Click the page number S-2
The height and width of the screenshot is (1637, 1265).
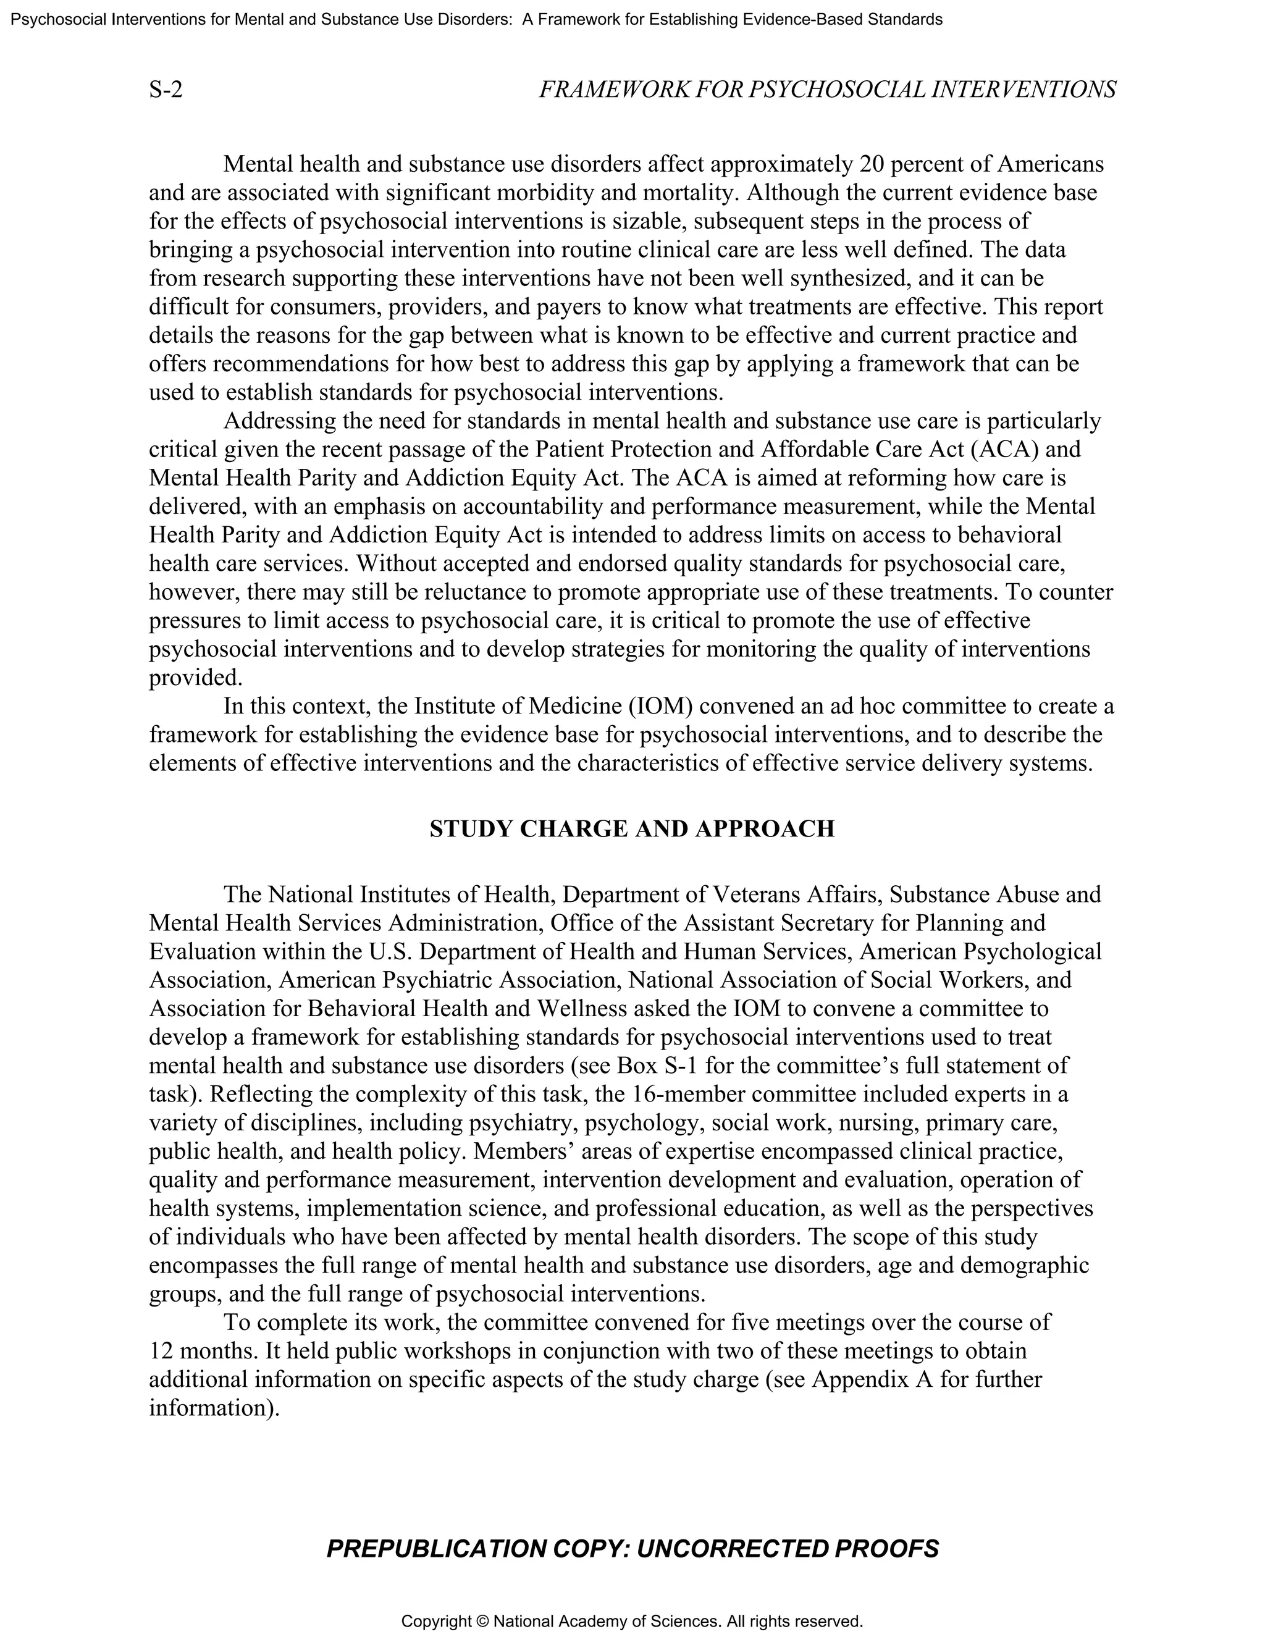pyautogui.click(x=166, y=90)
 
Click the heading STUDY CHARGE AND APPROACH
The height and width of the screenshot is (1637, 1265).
pyautogui.click(x=632, y=828)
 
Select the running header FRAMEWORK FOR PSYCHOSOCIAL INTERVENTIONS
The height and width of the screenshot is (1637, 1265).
pyautogui.click(x=827, y=90)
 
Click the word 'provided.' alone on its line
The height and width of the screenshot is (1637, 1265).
pyautogui.click(x=196, y=678)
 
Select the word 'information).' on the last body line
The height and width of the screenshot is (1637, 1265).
pyautogui.click(x=214, y=1408)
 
